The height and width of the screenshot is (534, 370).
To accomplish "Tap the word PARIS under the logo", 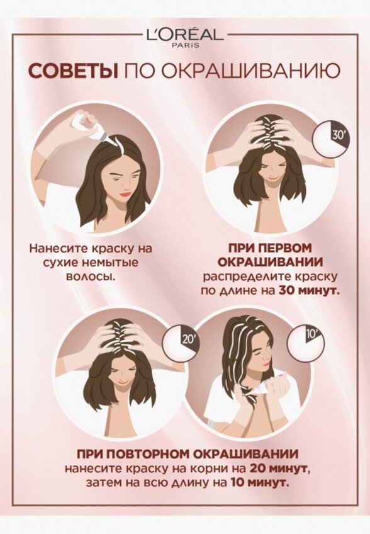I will coord(185,45).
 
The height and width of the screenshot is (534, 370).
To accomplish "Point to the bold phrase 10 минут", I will coord(261,483).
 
